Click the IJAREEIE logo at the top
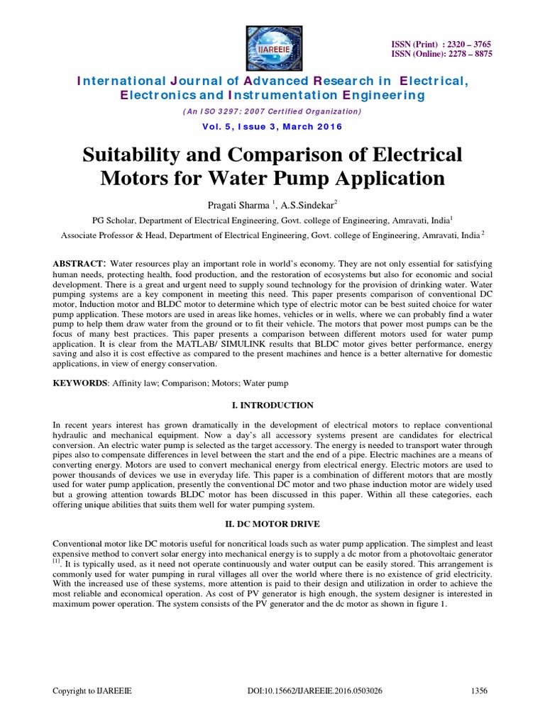(272, 45)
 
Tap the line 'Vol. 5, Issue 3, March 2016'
(272, 126)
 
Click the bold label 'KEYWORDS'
(79, 383)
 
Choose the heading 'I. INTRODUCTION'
(272, 405)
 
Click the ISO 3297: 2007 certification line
(272, 112)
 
